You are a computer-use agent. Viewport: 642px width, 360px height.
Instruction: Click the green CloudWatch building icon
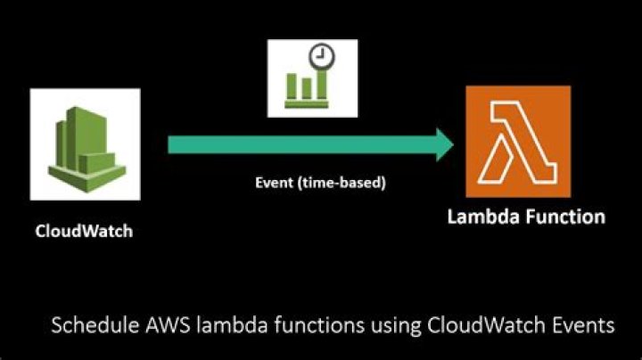[84, 143]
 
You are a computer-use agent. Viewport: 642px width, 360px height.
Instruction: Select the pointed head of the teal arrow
[444, 143]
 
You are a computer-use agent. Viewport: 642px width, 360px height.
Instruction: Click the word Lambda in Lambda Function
[479, 217]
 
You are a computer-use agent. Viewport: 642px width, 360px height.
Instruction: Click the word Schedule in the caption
[86, 325]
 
